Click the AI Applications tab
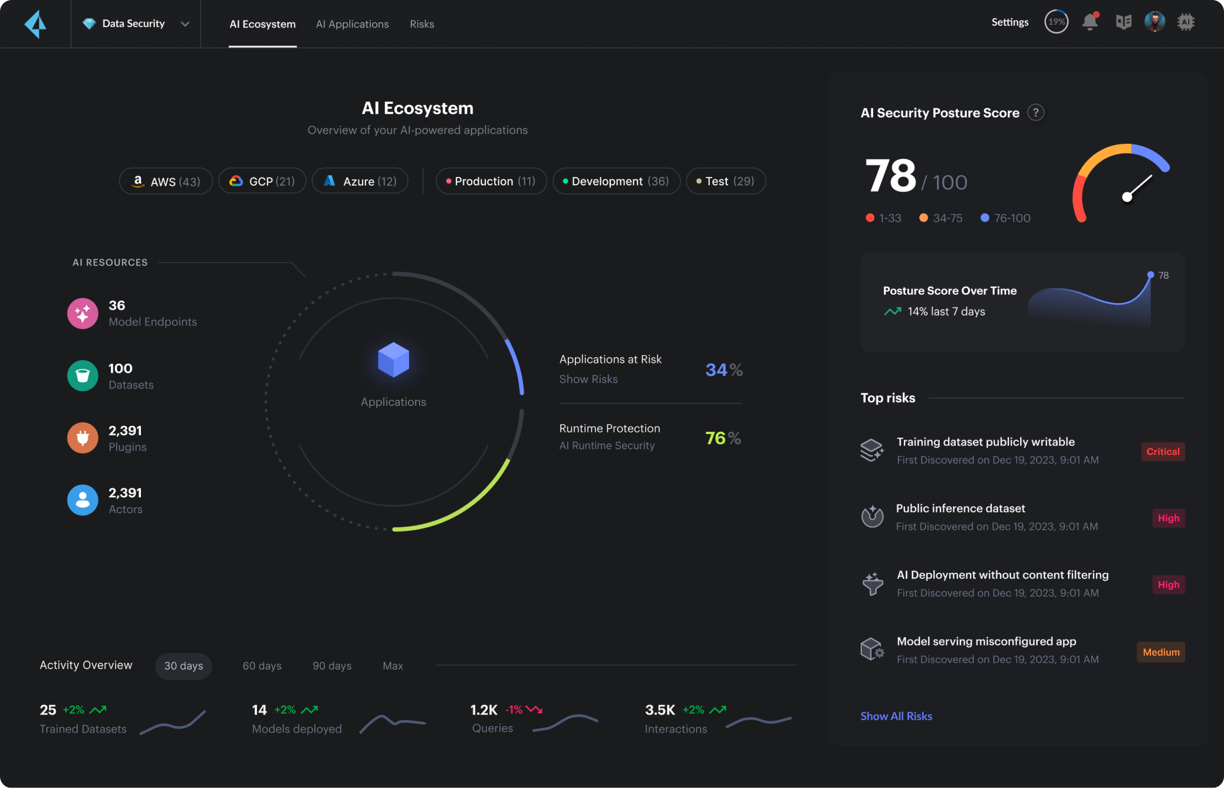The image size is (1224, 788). (x=352, y=24)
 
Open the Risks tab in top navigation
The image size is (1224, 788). (x=422, y=24)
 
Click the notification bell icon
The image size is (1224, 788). (x=1090, y=22)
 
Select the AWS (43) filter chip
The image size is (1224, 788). (x=166, y=181)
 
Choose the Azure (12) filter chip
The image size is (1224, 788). (x=360, y=181)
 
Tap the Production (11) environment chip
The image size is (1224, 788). (x=491, y=181)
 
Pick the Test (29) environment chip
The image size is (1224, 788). (x=725, y=181)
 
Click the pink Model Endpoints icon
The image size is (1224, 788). (x=83, y=313)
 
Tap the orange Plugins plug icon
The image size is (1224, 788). (x=83, y=438)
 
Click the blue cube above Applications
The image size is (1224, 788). (x=393, y=359)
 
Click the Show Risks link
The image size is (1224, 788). (x=588, y=379)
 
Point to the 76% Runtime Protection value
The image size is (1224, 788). (x=722, y=438)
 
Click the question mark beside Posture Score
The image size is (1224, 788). (x=1035, y=113)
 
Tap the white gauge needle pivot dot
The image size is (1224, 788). (x=1127, y=197)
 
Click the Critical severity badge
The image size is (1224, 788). (x=1162, y=452)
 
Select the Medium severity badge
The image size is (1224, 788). (x=1160, y=652)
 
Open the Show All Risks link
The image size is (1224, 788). (x=896, y=716)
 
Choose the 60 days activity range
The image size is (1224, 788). (x=262, y=666)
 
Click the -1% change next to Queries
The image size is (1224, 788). (x=514, y=710)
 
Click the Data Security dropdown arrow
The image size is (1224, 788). (x=185, y=24)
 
